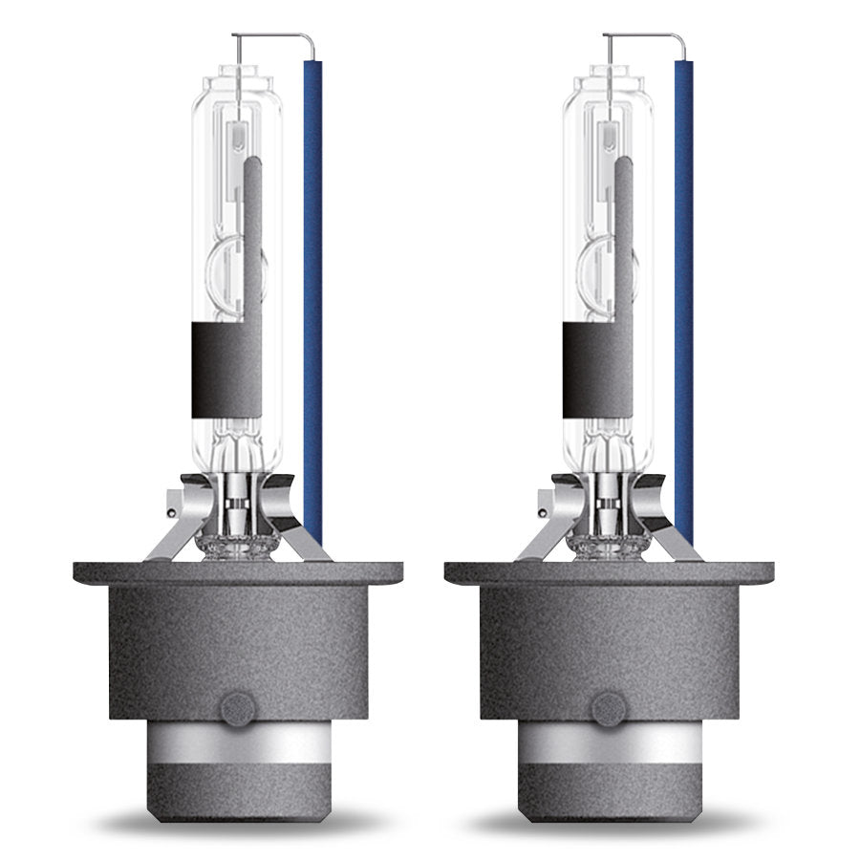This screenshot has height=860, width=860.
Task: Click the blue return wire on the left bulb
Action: coord(312,287)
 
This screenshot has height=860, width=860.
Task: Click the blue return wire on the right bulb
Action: coord(683,287)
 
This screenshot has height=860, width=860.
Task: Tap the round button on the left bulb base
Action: coord(237,708)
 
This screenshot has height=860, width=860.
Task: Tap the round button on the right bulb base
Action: coord(608,708)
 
